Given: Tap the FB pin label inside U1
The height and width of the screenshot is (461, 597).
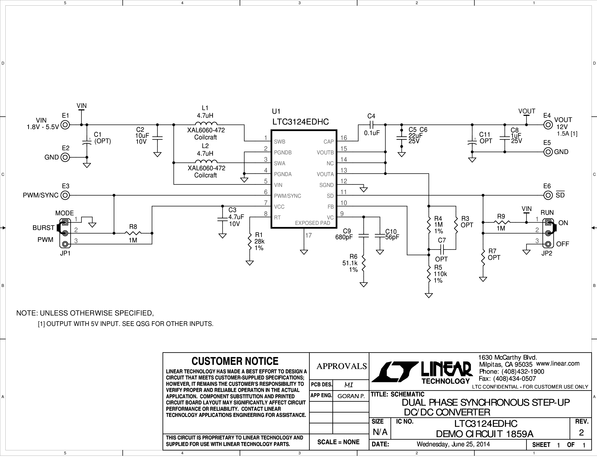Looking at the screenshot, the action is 331,207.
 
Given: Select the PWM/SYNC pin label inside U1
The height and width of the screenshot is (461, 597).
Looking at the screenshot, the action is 288,196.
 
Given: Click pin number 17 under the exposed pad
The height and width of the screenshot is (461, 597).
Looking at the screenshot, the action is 308,235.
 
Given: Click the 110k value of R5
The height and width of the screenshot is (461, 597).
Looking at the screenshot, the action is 440,274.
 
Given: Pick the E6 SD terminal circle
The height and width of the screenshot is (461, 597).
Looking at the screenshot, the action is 548,195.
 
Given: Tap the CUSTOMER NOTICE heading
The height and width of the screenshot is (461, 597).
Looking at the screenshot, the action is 235,361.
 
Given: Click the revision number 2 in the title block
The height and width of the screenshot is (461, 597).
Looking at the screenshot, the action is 581,432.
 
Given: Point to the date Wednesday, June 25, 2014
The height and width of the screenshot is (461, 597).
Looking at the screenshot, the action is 453,444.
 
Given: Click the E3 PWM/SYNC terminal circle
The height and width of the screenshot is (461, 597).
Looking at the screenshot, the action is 65,195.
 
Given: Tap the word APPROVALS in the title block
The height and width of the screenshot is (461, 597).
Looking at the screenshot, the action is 342,366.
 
